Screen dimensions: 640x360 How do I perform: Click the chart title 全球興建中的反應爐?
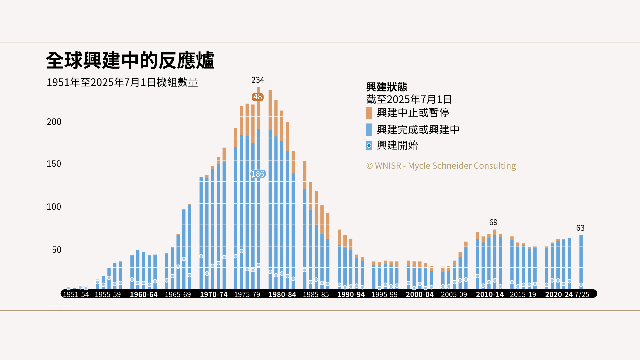[130, 61]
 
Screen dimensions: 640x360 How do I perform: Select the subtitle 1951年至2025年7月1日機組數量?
[122, 82]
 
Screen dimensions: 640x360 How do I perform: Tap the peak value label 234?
[258, 80]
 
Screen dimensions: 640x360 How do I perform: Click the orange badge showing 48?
[258, 97]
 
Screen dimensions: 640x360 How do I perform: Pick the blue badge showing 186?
[258, 174]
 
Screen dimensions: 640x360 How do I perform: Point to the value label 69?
[493, 222]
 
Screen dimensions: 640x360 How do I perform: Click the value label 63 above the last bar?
[580, 228]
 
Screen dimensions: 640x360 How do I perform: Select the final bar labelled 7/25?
[581, 262]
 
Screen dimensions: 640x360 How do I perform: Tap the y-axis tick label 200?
[54, 122]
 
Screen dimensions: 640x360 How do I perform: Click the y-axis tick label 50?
[57, 250]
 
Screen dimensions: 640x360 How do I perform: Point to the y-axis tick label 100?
[54, 207]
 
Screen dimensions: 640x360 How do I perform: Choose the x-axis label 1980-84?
[282, 295]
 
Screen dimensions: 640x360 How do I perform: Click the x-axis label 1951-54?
[76, 295]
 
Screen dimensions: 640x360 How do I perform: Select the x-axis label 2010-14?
[490, 295]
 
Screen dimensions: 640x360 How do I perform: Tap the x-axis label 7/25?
[582, 295]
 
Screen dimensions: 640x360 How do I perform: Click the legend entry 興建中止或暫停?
[413, 113]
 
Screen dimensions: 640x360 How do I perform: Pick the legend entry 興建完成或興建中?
[418, 130]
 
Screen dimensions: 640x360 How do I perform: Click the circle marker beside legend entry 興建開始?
[369, 146]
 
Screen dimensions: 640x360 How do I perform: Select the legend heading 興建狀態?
[387, 87]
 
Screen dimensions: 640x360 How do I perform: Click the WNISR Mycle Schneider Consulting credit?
[441, 166]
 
